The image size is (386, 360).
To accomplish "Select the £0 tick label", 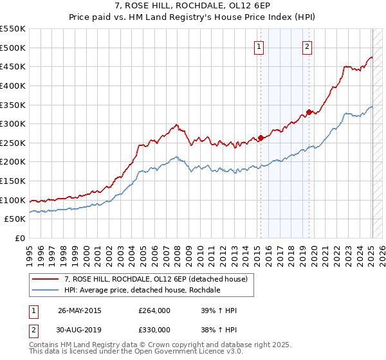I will coord(21,239).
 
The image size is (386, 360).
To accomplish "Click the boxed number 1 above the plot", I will coord(259,46).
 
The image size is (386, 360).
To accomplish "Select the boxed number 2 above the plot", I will coord(308,46).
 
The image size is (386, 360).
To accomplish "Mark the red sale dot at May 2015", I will coord(261,137).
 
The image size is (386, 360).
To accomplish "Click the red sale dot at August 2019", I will coord(309,112).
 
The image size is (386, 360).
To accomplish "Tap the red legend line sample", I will coord(45,279).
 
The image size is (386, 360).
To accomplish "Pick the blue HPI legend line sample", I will coord(45,290).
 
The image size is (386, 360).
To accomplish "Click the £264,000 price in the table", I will coord(154,311).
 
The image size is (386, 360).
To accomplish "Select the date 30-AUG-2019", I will coord(79,330).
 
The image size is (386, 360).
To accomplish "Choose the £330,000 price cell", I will coord(154,330).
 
